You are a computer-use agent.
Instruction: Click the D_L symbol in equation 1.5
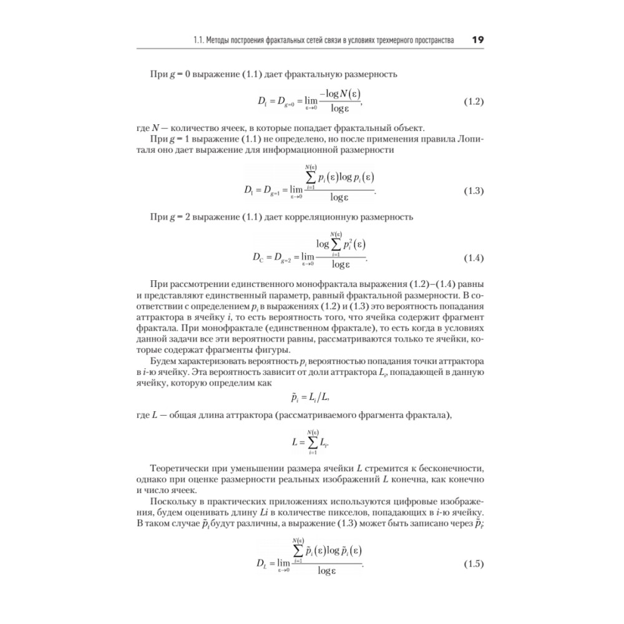261,565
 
